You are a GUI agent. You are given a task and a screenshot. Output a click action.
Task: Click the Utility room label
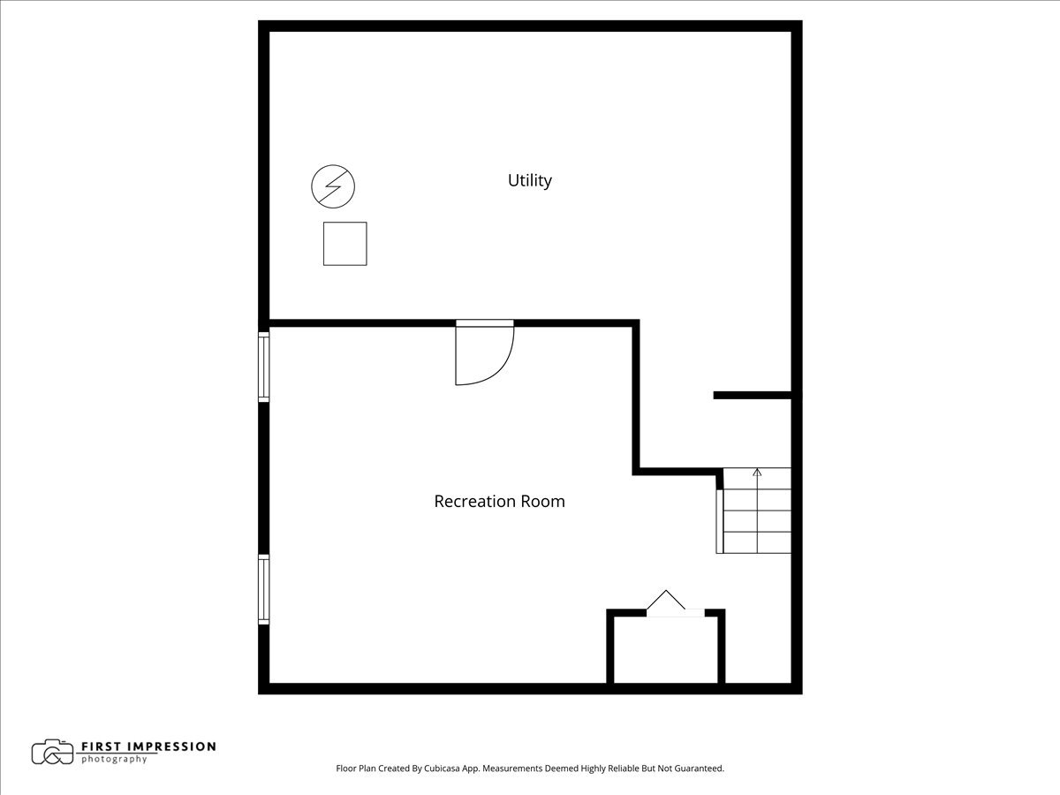[x=529, y=180]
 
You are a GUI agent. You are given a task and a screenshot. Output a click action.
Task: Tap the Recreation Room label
[x=499, y=502]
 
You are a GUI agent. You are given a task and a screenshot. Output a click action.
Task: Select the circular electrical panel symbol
[x=333, y=186]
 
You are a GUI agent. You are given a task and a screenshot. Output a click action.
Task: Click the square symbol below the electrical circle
[x=344, y=244]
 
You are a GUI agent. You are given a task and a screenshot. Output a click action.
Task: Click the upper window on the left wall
[x=263, y=367]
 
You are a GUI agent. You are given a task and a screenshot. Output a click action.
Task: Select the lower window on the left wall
[x=263, y=589]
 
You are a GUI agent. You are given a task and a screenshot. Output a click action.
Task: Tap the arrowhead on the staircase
[x=757, y=473]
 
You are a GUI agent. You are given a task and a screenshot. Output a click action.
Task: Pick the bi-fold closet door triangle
[x=666, y=602]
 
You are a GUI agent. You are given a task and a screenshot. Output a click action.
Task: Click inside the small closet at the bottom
[x=666, y=651]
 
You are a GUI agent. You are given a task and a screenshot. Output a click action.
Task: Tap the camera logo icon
[x=53, y=752]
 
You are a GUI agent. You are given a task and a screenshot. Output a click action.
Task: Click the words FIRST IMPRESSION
[x=148, y=746]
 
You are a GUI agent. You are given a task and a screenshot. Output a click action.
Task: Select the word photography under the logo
[x=114, y=760]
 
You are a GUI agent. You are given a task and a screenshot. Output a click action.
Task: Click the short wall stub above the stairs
[x=752, y=395]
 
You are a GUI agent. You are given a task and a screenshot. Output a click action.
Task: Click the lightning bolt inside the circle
[x=333, y=186]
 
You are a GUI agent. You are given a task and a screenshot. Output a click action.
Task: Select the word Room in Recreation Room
[x=543, y=502]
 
